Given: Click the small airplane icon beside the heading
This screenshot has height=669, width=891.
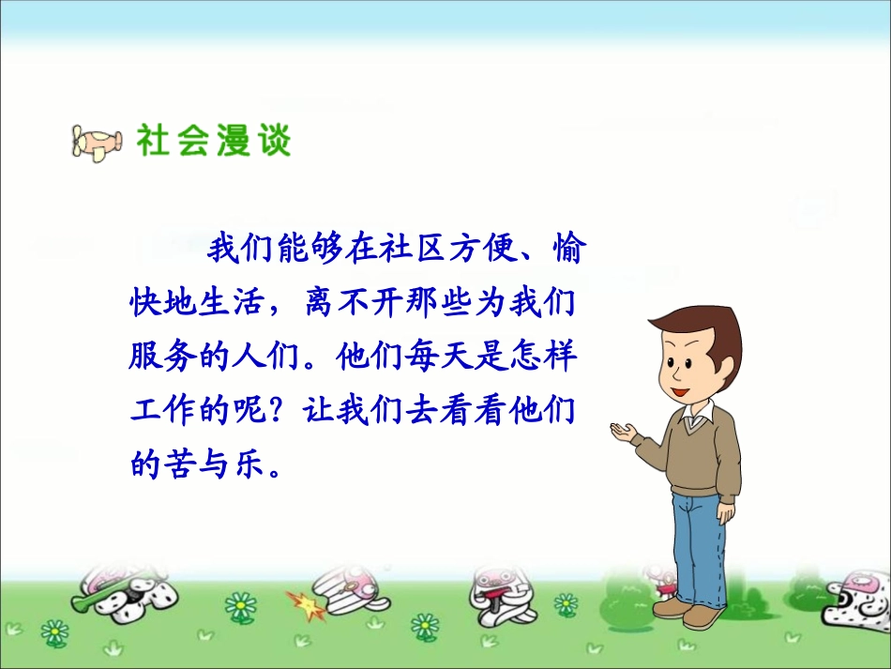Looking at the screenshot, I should click(97, 142).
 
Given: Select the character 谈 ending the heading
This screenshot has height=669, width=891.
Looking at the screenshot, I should click(274, 141).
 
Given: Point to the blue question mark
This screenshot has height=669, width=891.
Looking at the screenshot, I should click(277, 411).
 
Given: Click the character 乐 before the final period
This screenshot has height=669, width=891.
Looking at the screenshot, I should click(247, 464).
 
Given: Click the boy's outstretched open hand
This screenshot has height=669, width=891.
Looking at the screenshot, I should click(623, 431).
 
